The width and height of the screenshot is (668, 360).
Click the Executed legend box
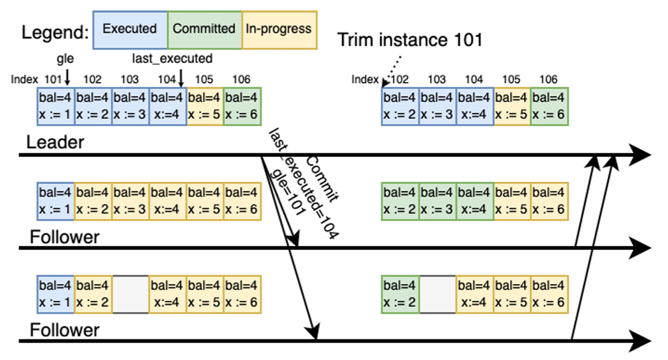pos(130,29)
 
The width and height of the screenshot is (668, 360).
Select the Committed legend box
pos(204,29)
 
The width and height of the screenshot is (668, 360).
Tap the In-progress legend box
pos(279,29)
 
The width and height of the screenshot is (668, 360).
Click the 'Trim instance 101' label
pos(410,40)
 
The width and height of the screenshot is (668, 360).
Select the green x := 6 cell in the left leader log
pos(242,106)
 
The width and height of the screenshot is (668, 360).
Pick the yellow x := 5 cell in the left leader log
pos(205,106)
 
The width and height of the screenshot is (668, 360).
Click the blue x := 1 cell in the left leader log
pos(56,106)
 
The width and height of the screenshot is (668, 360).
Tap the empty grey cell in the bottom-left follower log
pos(131,294)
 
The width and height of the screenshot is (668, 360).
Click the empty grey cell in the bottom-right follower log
pos(437,294)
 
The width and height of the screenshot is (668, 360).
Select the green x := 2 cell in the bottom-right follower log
pos(401,294)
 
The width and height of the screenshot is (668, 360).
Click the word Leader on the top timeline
pos(55,143)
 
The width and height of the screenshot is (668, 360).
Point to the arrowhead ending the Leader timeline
pos(641,155)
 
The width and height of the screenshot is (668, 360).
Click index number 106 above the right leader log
pos(548,80)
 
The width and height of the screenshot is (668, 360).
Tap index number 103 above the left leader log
pos(130,80)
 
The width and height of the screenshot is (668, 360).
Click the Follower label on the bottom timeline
pos(64,330)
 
